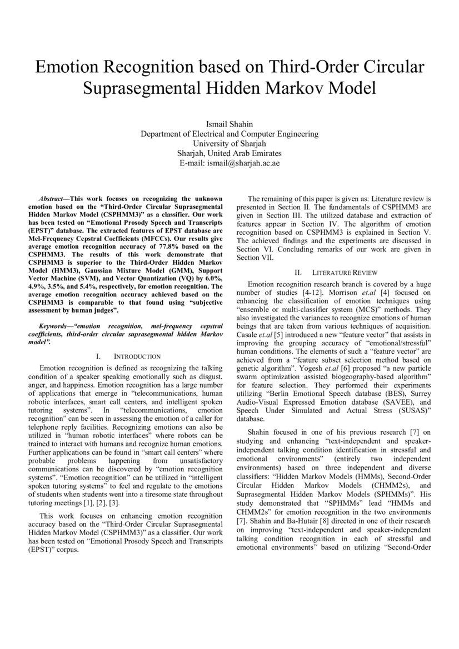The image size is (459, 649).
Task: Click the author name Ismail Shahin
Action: tap(229, 123)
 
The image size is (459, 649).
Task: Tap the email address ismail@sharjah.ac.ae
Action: tap(229, 163)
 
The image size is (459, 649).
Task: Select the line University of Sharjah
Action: tap(229, 143)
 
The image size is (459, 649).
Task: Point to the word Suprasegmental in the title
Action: tap(146, 88)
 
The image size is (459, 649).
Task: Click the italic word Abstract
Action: tap(53, 198)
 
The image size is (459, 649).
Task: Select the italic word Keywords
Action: tap(55, 327)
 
